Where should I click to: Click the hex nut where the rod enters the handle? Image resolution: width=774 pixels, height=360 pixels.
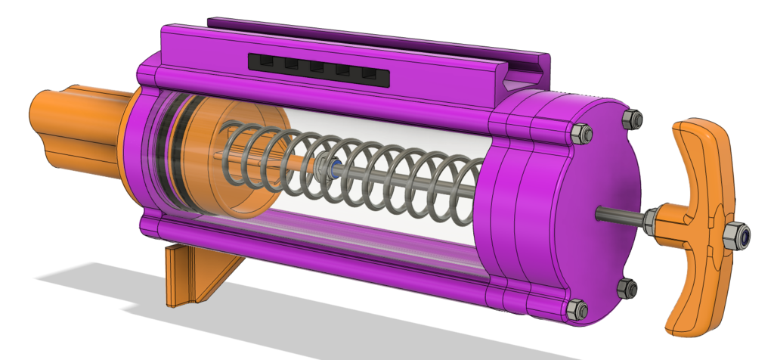pos(652,219)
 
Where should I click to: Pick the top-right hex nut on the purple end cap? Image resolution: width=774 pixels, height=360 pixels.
pos(632,118)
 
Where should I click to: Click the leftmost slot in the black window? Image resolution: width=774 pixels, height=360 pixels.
pos(266,62)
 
